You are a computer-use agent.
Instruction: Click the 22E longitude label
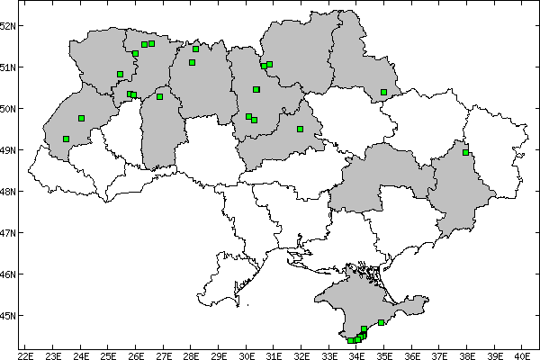25,353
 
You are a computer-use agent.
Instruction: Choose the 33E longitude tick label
328,353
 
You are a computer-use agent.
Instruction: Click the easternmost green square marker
466,152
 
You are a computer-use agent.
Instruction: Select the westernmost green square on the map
67,139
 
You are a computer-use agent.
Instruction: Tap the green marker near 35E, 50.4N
384,92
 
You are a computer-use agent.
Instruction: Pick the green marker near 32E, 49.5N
300,129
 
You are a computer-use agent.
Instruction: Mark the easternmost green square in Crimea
382,322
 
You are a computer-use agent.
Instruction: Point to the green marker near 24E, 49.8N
82,118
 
